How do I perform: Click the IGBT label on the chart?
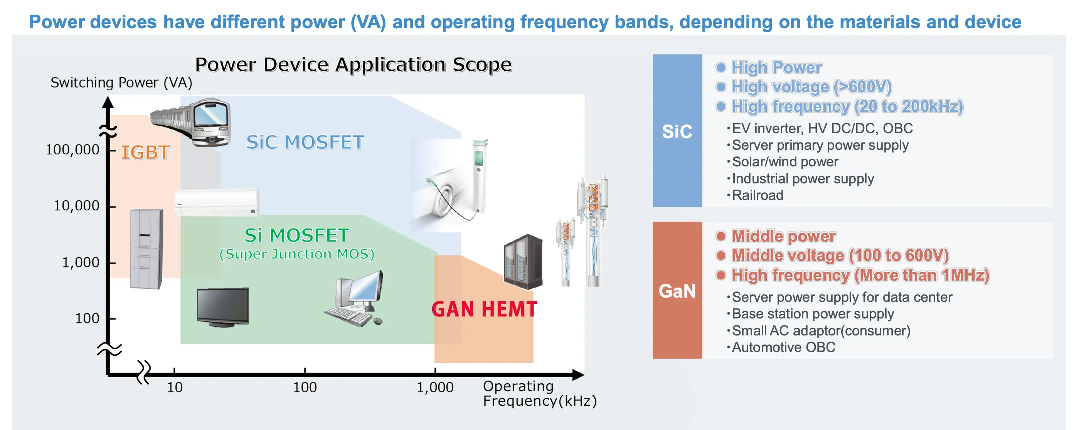click(145, 152)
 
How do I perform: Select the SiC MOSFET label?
click(305, 142)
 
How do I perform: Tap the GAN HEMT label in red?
click(484, 309)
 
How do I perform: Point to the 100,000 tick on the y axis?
click(72, 149)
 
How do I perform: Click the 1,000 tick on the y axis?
click(81, 262)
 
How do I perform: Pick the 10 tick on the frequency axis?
click(175, 387)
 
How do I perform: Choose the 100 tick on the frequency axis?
click(305, 387)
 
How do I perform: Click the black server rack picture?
click(523, 262)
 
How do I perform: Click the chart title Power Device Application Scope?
click(353, 65)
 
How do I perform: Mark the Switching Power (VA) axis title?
click(121, 83)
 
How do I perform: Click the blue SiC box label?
click(677, 131)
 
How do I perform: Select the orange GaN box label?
click(677, 291)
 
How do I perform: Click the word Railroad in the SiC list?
click(757, 195)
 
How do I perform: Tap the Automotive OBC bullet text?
click(783, 347)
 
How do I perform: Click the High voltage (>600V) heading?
click(811, 87)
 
